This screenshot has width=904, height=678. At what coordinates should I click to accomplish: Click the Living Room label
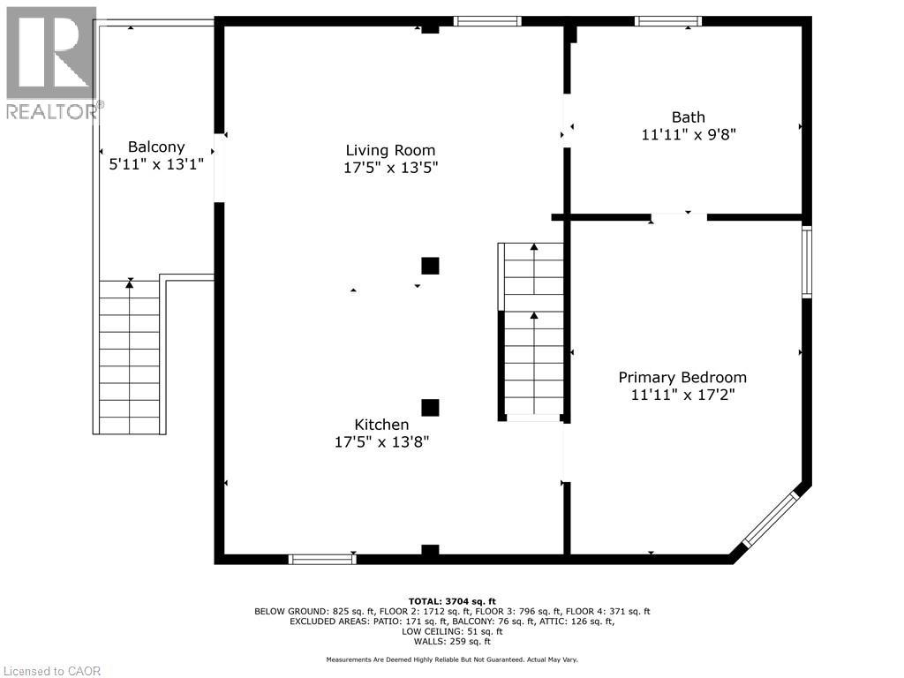pyautogui.click(x=390, y=150)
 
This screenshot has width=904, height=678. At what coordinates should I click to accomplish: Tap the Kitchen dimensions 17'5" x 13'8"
pyautogui.click(x=381, y=442)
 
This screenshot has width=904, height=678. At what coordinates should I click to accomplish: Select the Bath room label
pyautogui.click(x=688, y=117)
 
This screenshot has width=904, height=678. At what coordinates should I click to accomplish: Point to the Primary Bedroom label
pyautogui.click(x=682, y=377)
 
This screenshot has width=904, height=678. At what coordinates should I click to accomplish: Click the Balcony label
pyautogui.click(x=156, y=147)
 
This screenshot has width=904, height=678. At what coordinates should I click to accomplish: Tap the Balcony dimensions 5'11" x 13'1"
pyautogui.click(x=156, y=164)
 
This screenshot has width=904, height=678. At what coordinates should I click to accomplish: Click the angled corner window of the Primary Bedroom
pyautogui.click(x=770, y=520)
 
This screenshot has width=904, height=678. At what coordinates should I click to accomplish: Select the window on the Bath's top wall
pyautogui.click(x=668, y=21)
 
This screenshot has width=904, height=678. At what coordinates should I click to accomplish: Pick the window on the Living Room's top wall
pyautogui.click(x=487, y=21)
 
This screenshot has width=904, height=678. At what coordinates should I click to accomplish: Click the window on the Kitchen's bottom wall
pyautogui.click(x=322, y=559)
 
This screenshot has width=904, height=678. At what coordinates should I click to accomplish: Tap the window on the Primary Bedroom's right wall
pyautogui.click(x=806, y=261)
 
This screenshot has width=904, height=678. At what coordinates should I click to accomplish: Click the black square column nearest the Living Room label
pyautogui.click(x=430, y=266)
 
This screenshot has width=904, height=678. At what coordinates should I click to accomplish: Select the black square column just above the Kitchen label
pyautogui.click(x=430, y=407)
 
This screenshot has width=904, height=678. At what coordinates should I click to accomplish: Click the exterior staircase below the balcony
pyautogui.click(x=130, y=358)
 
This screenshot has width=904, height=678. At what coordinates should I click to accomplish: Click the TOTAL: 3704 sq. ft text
pyautogui.click(x=451, y=600)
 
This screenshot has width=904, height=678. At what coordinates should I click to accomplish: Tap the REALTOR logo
pyautogui.click(x=51, y=62)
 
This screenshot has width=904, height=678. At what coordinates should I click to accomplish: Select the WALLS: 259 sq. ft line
pyautogui.click(x=451, y=642)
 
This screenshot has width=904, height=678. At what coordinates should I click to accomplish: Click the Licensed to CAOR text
pyautogui.click(x=51, y=671)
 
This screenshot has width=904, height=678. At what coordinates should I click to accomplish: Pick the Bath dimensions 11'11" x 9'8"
pyautogui.click(x=688, y=134)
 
